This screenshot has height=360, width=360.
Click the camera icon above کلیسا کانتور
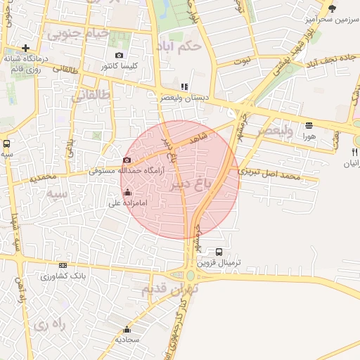119,56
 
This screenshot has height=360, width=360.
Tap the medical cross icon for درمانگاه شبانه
25,49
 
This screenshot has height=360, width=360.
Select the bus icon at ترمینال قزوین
219,252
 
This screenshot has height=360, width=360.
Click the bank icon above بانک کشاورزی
63,265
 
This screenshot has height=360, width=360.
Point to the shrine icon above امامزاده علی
127,192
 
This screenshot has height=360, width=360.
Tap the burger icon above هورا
309,125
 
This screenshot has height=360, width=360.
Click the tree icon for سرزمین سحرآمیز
332,8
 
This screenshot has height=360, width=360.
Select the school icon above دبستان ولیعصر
185,86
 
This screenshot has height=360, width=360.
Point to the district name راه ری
49,325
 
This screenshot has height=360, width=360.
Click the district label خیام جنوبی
77,33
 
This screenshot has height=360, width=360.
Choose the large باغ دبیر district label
191,184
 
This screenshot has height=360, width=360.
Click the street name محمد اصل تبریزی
269,173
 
